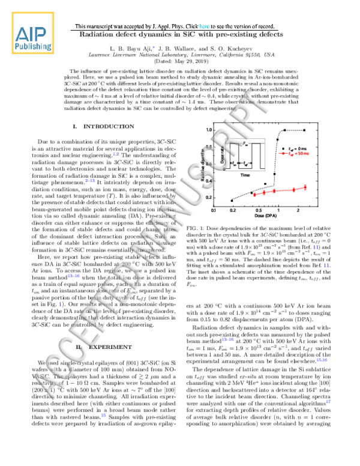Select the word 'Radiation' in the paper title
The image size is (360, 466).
(99, 35)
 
